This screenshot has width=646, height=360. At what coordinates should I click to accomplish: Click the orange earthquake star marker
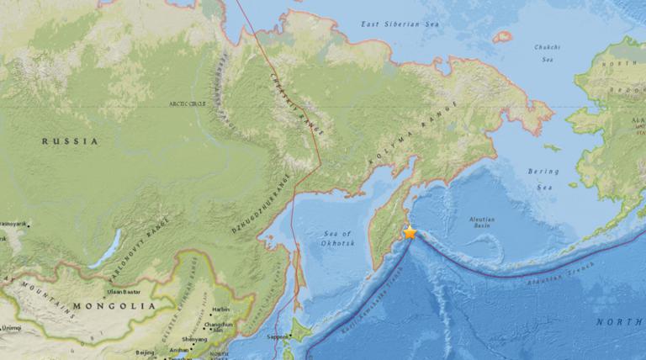tap(410, 233)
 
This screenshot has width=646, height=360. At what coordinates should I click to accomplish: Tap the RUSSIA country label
tap(71, 141)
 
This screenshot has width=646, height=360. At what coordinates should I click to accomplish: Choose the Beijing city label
tap(146, 352)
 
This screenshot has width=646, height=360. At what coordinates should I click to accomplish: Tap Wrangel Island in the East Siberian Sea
tap(502, 37)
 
